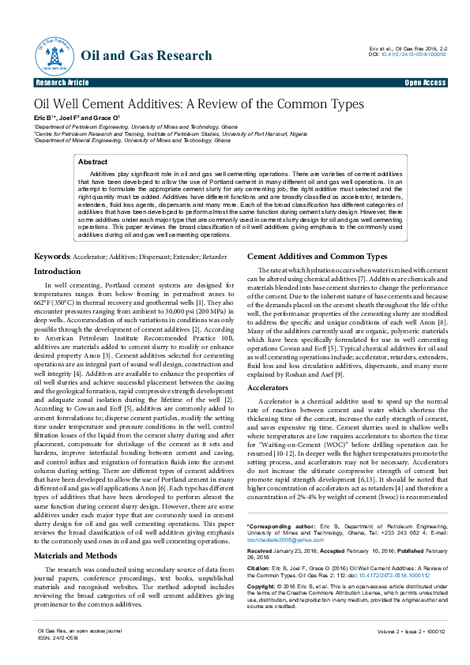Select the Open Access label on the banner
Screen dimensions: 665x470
pyautogui.click(x=425, y=82)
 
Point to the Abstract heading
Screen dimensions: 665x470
pyautogui.click(x=93, y=161)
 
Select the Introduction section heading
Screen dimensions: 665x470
pyautogui.click(x=57, y=271)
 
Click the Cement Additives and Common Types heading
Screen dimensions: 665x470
pyautogui.click(x=317, y=257)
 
